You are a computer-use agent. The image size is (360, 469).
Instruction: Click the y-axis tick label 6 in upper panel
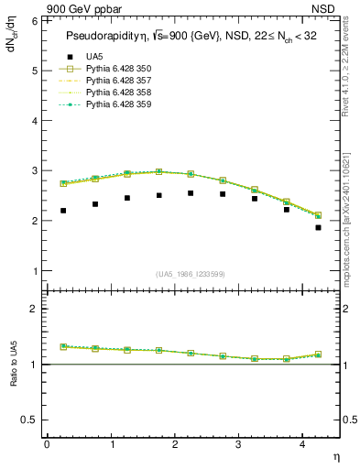pos(35,20)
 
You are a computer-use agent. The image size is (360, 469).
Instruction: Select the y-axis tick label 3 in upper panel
pos(35,171)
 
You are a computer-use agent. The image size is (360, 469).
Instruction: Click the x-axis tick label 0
pos(47,444)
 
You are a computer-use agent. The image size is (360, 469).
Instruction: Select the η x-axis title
pos(334,455)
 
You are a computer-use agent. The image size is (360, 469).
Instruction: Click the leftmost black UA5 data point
pos(63,211)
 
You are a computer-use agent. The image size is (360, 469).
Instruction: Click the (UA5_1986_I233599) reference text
pos(191,273)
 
